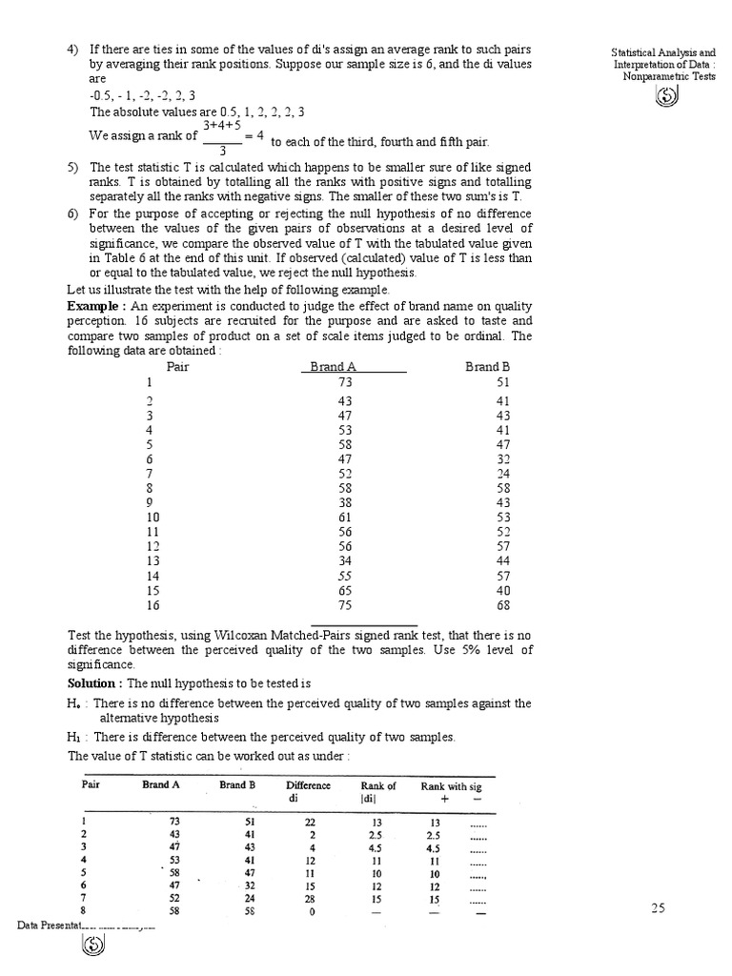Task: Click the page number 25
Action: point(658,908)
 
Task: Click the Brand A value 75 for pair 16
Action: point(345,604)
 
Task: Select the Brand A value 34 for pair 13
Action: point(345,560)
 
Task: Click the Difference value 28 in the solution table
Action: point(308,899)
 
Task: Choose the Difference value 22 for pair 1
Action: point(308,821)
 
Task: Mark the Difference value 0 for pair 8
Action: point(308,912)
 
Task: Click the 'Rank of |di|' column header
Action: point(378,792)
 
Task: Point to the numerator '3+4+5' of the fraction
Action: point(221,124)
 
